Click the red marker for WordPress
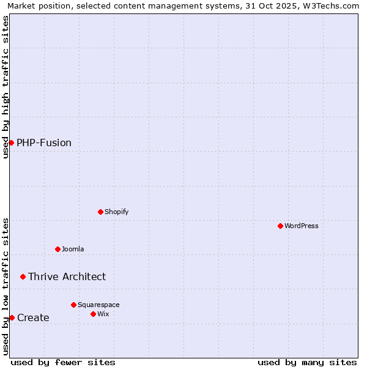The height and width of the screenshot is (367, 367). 280,226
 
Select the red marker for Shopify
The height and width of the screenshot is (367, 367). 100,212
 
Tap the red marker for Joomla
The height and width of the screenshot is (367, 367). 57,249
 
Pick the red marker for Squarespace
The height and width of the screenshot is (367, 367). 73,305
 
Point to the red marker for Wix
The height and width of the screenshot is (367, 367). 93,314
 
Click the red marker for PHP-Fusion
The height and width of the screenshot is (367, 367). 11,143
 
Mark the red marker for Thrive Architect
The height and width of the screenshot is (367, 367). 23,276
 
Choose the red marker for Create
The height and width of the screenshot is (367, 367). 12,317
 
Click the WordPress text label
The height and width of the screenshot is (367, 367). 302,226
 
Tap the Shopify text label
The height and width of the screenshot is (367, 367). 116,212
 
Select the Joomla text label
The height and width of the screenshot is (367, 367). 73,249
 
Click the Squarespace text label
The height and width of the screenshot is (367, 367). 98,305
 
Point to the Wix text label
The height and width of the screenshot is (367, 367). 103,314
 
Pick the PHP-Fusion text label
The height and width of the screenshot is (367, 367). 44,143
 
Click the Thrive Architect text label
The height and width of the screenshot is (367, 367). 67,276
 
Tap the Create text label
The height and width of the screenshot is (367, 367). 33,317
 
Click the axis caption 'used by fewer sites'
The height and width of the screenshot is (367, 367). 63,362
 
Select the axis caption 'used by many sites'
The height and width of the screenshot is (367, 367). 307,362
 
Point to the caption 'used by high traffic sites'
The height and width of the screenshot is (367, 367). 6,87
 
